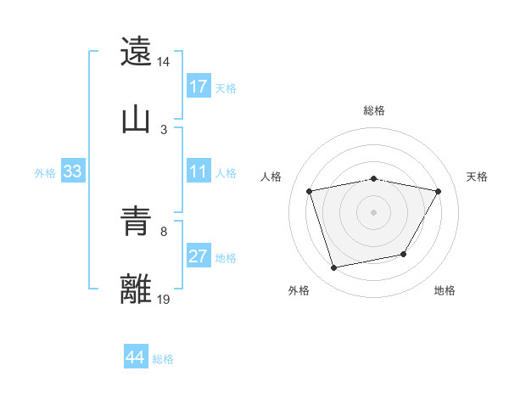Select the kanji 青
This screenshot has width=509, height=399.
pyautogui.click(x=137, y=222)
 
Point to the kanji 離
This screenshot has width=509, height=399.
pyautogui.click(x=137, y=289)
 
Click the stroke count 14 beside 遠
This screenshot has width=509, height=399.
pyautogui.click(x=164, y=63)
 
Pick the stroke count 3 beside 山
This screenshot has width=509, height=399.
pyautogui.click(x=164, y=129)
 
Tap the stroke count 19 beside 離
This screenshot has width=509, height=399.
pyautogui.click(x=164, y=299)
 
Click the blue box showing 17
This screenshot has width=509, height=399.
pyautogui.click(x=199, y=87)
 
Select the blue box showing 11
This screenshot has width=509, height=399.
pyautogui.click(x=199, y=172)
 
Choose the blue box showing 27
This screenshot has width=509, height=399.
pyautogui.click(x=199, y=257)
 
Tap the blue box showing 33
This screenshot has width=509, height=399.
pyautogui.click(x=73, y=172)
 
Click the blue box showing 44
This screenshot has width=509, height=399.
pyautogui.click(x=136, y=358)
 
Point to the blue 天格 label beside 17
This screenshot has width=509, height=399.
pyautogui.click(x=226, y=87)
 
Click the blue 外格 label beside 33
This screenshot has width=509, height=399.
pyautogui.click(x=45, y=173)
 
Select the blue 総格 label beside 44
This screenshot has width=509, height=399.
pyautogui.click(x=163, y=359)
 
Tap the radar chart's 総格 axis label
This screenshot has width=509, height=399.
pyautogui.click(x=374, y=110)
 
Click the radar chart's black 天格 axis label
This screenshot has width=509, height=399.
pyautogui.click(x=478, y=177)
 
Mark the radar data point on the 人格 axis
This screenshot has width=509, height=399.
pyautogui.click(x=310, y=192)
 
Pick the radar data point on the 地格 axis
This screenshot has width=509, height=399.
pyautogui.click(x=404, y=254)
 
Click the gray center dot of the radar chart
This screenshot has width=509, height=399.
pyautogui.click(x=374, y=212)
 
